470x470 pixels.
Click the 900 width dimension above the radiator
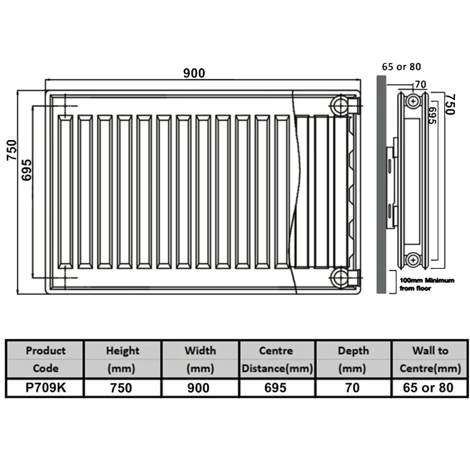point(194,73)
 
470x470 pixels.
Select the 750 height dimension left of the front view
point(12,150)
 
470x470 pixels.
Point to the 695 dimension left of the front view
point(26,170)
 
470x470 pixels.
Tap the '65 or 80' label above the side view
point(401,67)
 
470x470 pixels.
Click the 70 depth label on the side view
point(420,85)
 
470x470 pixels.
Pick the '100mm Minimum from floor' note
point(427,284)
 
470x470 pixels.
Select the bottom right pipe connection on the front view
point(344,278)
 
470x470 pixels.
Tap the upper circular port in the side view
point(413,101)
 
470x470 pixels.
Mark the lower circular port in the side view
point(413,259)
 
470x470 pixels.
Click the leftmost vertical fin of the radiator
point(65,192)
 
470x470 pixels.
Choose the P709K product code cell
point(46,388)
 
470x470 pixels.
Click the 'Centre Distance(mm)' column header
point(277,360)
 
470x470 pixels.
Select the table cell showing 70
point(353,388)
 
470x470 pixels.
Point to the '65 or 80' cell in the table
point(429,388)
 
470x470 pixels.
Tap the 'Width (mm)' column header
point(200,360)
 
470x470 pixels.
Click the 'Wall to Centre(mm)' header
point(430,360)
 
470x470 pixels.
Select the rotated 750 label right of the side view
point(450,104)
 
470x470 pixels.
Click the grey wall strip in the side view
point(381,184)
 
